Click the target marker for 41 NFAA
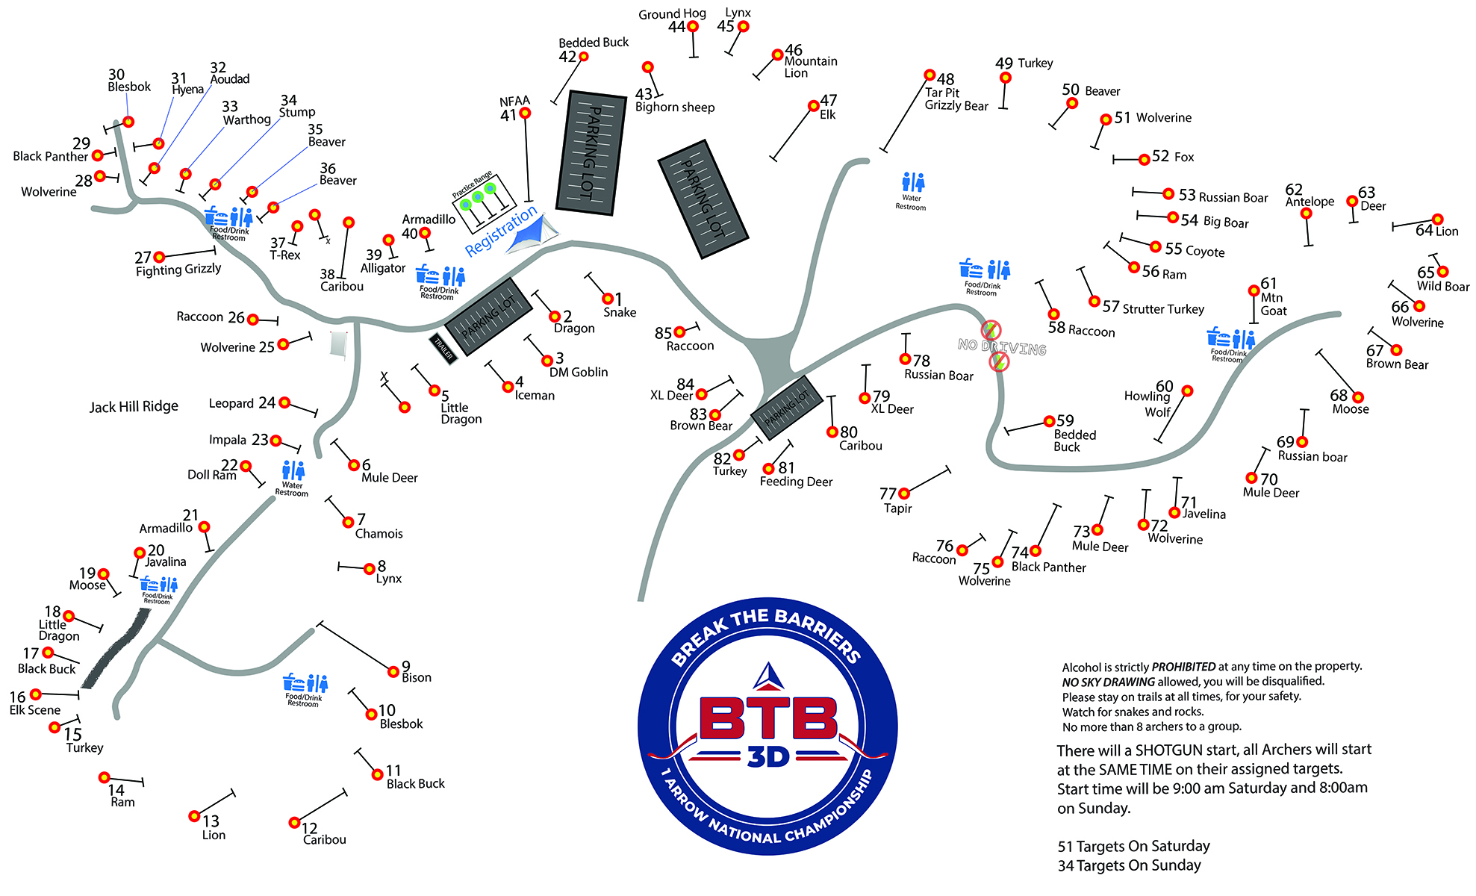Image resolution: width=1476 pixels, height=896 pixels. click(x=525, y=113)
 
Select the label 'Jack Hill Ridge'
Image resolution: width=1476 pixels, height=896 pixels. click(x=134, y=407)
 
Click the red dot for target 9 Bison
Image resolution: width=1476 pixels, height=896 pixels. click(x=393, y=671)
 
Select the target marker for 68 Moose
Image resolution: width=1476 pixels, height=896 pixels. click(x=1358, y=398)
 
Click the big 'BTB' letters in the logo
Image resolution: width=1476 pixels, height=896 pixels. click(x=768, y=718)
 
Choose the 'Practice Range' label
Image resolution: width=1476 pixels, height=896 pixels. click(x=472, y=185)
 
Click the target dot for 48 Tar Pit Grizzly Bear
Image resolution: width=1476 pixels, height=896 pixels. click(x=929, y=75)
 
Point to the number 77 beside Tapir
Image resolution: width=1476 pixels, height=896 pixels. click(x=888, y=494)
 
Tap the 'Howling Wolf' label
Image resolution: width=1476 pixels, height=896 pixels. click(x=1148, y=404)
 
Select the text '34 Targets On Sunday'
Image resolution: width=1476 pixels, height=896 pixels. click(x=1130, y=865)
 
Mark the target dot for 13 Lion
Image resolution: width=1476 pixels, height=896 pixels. click(x=194, y=816)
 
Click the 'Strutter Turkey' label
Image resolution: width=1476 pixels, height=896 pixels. click(x=1163, y=309)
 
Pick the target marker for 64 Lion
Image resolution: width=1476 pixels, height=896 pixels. click(x=1437, y=220)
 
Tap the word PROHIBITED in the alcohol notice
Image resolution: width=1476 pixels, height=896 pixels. click(x=1183, y=667)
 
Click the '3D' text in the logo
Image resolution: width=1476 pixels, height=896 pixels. click(x=768, y=757)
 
